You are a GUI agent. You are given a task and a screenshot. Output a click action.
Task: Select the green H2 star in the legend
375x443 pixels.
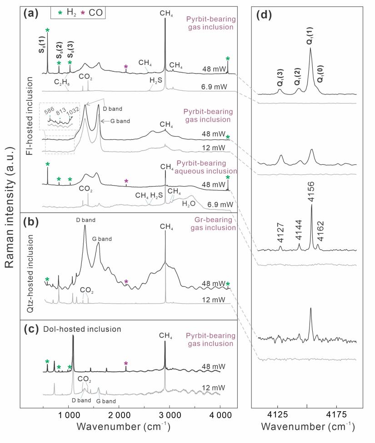56,13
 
